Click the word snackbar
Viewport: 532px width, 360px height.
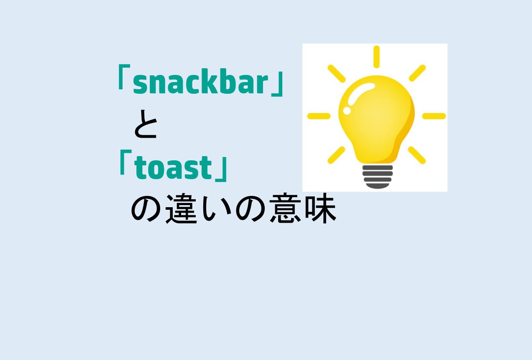pos(200,84)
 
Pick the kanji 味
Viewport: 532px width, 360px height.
pos(320,209)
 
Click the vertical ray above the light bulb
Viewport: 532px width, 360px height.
pos(376,57)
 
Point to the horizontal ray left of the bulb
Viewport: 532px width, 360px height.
pos(319,116)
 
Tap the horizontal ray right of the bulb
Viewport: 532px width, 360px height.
pos(434,116)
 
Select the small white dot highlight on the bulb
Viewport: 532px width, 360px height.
pos(347,111)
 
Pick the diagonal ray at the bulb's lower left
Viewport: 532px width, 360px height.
pos(336,155)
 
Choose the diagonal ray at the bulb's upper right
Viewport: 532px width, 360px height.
pos(417,73)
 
